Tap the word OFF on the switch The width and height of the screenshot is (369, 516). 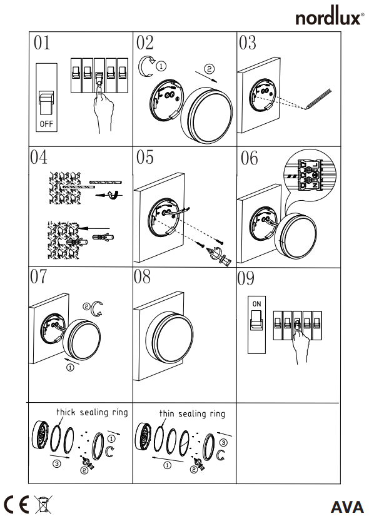click(x=46, y=124)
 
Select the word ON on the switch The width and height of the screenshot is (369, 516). click(x=257, y=304)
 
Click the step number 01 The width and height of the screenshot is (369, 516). click(x=42, y=43)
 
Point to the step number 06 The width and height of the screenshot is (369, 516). click(x=249, y=158)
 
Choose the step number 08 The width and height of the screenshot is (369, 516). click(x=142, y=276)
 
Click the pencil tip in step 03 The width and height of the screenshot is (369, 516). click(x=306, y=108)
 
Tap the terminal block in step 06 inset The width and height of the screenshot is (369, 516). click(x=309, y=175)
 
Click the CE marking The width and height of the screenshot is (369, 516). click(x=16, y=504)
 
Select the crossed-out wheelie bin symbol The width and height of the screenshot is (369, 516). click(x=43, y=504)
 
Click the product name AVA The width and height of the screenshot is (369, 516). click(x=347, y=507)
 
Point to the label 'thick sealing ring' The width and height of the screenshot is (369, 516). click(x=92, y=412)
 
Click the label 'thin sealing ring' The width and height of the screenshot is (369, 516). click(x=192, y=413)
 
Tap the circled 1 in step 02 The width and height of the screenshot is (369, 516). click(x=161, y=66)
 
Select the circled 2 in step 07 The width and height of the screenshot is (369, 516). click(x=86, y=306)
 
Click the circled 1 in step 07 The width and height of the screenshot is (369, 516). click(x=70, y=367)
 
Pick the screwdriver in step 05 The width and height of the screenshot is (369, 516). click(x=218, y=255)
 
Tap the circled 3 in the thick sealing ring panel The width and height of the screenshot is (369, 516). click(x=57, y=464)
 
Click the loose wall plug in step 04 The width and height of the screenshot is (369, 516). click(x=103, y=236)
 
